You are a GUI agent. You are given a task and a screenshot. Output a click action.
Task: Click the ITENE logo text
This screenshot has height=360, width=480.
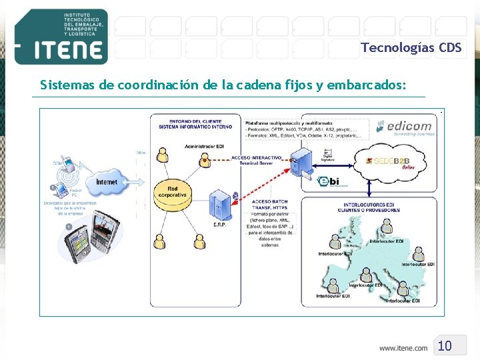click(60, 51)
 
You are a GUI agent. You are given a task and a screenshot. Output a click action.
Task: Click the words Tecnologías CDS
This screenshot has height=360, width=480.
click(411, 47)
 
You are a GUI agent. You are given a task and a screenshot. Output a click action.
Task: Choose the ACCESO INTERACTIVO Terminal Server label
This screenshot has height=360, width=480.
click(257, 160)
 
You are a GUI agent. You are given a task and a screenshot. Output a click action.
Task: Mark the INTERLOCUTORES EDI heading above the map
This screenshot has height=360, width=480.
click(371, 207)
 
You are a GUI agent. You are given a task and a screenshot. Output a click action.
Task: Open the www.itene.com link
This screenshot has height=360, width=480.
click(403, 348)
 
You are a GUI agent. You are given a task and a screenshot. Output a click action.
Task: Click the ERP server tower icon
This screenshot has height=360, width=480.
click(221, 204)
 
